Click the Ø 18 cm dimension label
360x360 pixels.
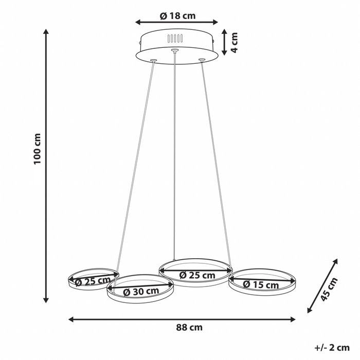click(177, 15)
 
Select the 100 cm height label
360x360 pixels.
click(37, 149)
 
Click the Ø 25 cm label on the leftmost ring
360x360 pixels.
click(93, 281)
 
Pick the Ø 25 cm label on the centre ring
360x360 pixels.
click(197, 275)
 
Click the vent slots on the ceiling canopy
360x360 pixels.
click(175, 39)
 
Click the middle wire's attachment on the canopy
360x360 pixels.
click(175, 50)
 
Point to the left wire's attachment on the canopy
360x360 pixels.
click(153, 61)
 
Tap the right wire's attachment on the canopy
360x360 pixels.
click(202, 61)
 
